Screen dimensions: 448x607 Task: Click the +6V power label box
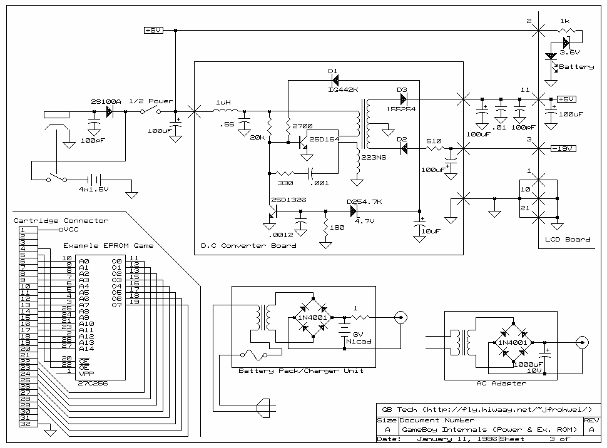point(153,30)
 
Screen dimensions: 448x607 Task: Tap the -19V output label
point(563,148)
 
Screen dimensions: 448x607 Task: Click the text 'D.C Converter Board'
point(248,245)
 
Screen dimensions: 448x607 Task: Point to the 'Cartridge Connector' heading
point(61,220)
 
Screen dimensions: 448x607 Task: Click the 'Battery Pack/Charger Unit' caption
point(301,370)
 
